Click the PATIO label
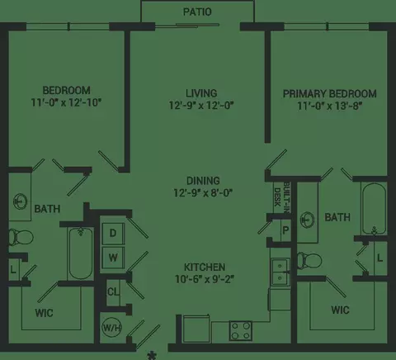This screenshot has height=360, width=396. point(197,12)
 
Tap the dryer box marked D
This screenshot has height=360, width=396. point(113,234)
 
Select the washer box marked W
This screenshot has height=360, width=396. point(113,258)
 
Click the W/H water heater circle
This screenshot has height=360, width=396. point(111,328)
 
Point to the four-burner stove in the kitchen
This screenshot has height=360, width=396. point(241,330)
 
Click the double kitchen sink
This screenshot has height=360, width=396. point(280,272)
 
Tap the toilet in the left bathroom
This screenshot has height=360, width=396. point(21,237)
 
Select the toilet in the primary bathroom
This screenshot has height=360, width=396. point(309,260)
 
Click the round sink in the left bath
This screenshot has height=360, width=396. point(21,201)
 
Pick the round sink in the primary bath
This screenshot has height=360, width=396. point(307,220)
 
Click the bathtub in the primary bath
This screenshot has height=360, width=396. point(374,209)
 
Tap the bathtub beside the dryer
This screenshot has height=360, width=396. point(81,253)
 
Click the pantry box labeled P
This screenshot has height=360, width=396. point(285,230)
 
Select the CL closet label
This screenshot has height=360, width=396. point(113,291)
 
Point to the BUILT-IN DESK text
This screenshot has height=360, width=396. point(281,197)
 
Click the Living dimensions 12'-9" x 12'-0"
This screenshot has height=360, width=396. point(201,106)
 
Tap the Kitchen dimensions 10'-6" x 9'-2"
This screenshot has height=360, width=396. point(205,279)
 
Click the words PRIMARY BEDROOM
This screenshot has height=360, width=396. point(330,94)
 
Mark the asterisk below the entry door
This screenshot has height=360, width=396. point(151,356)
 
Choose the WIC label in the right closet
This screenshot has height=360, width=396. point(340,310)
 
